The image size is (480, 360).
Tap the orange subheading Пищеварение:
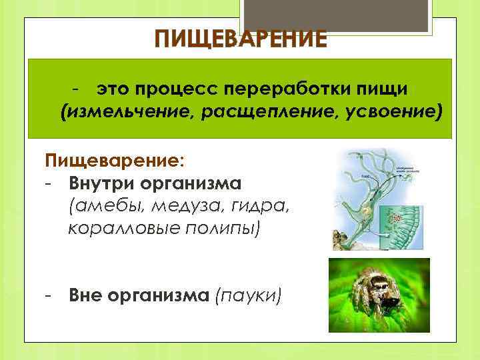[x=115, y=161]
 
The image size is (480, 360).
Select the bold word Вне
[x=85, y=295]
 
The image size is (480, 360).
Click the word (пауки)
[x=247, y=295]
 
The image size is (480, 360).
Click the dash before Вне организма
[x=49, y=295]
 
